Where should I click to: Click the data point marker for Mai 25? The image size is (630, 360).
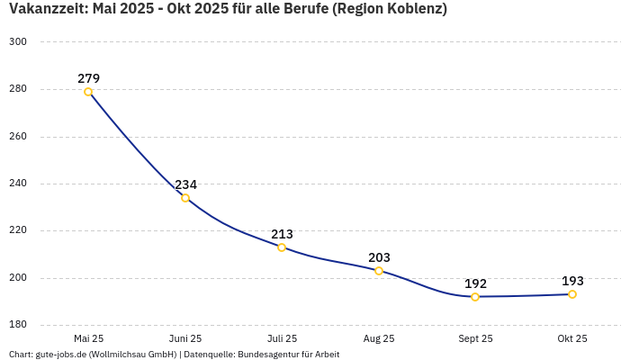pyautogui.click(x=88, y=92)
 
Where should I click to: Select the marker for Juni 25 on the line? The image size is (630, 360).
pyautogui.click(x=185, y=198)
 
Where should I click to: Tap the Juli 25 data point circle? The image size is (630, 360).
pyautogui.click(x=282, y=247)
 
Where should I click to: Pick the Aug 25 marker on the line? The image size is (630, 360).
pyautogui.click(x=379, y=271)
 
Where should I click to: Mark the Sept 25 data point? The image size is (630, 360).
pyautogui.click(x=475, y=297)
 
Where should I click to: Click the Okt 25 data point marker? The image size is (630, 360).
pyautogui.click(x=572, y=294)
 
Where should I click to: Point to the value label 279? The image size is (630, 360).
pyautogui.click(x=88, y=78)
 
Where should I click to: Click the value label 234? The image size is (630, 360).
pyautogui.click(x=185, y=184)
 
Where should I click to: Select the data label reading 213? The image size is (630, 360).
pyautogui.click(x=282, y=234)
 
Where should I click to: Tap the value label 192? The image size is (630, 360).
pyautogui.click(x=475, y=283)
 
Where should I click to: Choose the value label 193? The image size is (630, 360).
pyautogui.click(x=572, y=281)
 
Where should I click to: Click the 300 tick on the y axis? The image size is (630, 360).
pyautogui.click(x=18, y=42)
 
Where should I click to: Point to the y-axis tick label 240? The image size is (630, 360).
pyautogui.click(x=18, y=184)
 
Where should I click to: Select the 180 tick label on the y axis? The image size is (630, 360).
pyautogui.click(x=18, y=325)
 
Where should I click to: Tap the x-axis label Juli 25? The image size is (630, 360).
pyautogui.click(x=282, y=339)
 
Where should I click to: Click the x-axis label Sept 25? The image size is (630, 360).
pyautogui.click(x=475, y=339)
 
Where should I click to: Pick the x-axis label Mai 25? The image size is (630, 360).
pyautogui.click(x=88, y=339)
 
